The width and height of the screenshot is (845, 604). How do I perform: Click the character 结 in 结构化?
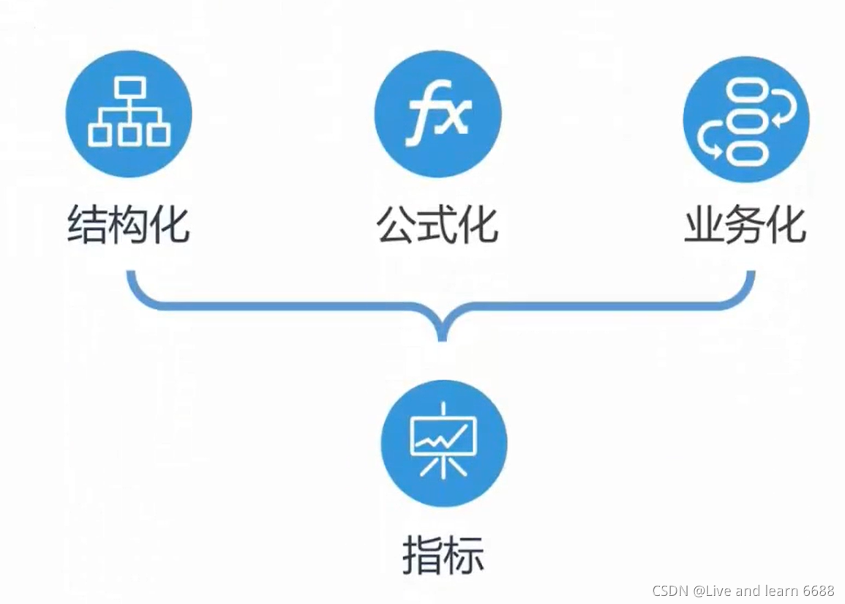86,224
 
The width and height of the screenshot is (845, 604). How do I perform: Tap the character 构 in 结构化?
128,224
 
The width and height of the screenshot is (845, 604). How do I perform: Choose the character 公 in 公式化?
396,224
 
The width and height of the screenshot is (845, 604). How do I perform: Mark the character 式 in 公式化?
437,224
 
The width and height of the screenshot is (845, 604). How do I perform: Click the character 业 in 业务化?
704,224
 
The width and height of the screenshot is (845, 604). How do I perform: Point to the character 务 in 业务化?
746,224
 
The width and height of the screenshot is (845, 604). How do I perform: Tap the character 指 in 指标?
422,556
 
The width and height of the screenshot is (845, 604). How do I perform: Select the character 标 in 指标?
464,556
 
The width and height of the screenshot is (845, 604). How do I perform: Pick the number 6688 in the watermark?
818,591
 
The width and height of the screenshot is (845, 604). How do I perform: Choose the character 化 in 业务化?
786,224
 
